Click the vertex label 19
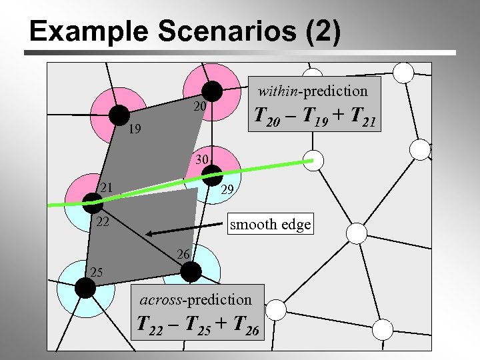click(135, 130)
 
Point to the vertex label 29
click(227, 190)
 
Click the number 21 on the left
click(105, 188)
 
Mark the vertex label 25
click(97, 272)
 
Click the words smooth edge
click(270, 224)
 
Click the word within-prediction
click(313, 90)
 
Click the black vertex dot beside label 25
click(84, 287)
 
